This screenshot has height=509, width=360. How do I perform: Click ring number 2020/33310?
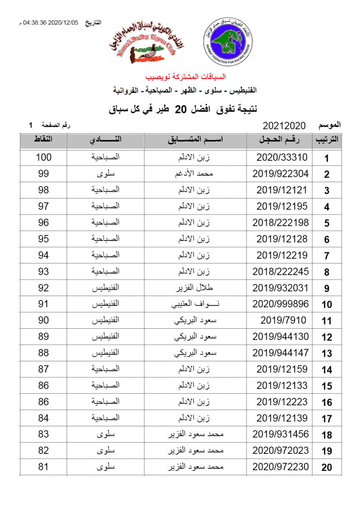[x=281, y=157]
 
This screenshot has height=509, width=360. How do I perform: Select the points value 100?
[x=43, y=157]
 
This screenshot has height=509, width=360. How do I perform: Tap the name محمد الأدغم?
[x=195, y=174]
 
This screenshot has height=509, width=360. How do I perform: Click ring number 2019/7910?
[x=281, y=321]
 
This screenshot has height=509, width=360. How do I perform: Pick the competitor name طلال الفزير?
[x=195, y=288]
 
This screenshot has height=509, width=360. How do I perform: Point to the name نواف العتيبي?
[x=195, y=304]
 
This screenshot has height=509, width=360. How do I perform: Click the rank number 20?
[x=326, y=468]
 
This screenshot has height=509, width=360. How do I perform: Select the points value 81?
[x=43, y=467]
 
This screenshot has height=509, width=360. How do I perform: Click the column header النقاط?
[x=43, y=140]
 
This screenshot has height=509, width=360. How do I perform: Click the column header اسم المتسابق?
[x=195, y=140]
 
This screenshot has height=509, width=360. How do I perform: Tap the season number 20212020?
[x=284, y=126]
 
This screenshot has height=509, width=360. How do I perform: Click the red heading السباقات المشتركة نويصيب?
[x=186, y=77]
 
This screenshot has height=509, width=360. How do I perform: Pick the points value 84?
[x=43, y=418]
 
